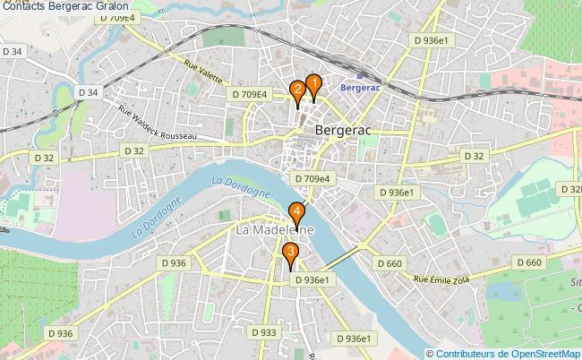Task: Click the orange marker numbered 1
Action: point(313,87)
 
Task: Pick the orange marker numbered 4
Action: point(296,214)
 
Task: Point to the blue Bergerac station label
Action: point(360,88)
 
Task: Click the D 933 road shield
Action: point(265,332)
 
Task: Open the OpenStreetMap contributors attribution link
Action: point(503,353)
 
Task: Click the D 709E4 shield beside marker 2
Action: point(250,94)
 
